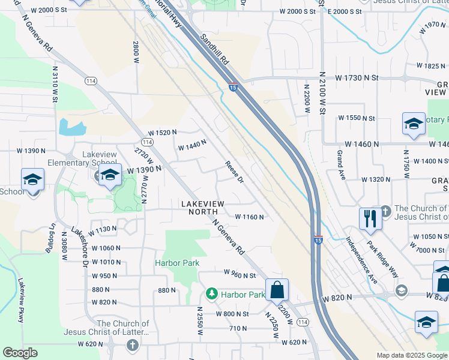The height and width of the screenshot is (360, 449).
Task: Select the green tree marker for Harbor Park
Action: coord(211,294)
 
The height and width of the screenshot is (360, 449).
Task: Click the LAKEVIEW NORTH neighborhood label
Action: coord(202,208)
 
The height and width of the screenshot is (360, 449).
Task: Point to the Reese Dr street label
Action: coord(234,172)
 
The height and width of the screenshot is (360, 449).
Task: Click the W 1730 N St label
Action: coord(357,78)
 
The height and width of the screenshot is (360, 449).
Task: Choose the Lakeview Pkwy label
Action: coord(21,300)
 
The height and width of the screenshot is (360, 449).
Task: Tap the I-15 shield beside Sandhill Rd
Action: coord(233,88)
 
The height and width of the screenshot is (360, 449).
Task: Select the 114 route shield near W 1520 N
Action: coord(148,142)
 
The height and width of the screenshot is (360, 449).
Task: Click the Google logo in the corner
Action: coord(20,353)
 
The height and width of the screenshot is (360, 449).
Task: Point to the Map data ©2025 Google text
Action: coord(412,355)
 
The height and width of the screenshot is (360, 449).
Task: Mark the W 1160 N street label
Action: coord(249,217)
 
